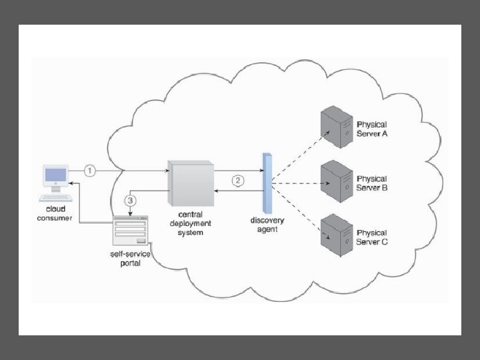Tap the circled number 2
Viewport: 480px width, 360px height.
[238, 181]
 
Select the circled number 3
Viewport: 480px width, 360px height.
[131, 200]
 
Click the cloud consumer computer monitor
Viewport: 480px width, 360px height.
[55, 177]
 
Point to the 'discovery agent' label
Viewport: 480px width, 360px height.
[268, 225]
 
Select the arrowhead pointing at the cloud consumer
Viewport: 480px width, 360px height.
[73, 181]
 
